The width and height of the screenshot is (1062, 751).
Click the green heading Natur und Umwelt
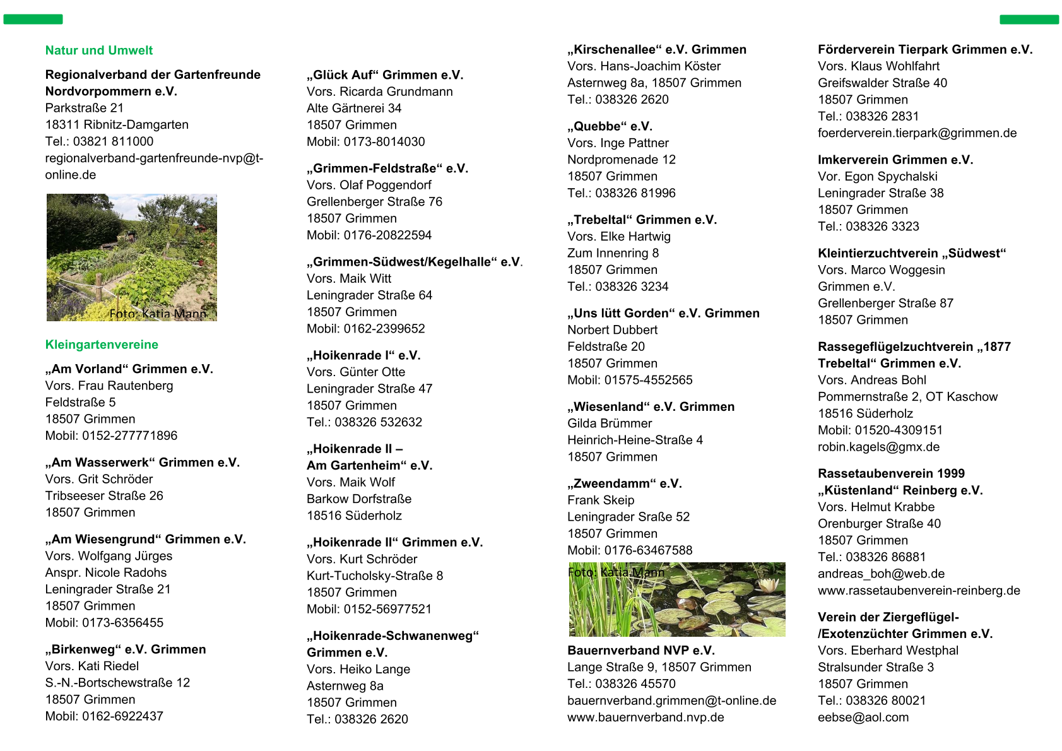[x=99, y=50]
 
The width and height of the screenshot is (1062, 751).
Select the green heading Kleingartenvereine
[x=102, y=345]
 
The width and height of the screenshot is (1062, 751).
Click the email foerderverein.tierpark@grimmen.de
[x=917, y=133]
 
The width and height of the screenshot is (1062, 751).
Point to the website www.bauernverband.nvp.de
[x=646, y=718]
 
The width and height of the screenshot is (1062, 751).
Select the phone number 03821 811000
[x=113, y=141]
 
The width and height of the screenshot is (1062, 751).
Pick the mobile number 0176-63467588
[x=648, y=550]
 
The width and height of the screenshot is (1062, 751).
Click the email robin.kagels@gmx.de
[x=878, y=447]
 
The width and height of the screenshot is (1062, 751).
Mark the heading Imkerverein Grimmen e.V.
[x=895, y=160]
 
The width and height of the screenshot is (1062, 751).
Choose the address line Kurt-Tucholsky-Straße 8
[x=375, y=576]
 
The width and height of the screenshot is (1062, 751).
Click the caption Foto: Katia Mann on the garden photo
[x=158, y=314]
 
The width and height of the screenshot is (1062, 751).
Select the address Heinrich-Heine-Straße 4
[x=635, y=440]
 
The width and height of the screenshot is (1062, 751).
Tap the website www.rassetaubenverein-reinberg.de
[x=919, y=591]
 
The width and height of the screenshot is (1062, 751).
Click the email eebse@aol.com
[x=863, y=718]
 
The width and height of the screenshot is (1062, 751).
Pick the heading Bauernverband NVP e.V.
[x=640, y=651]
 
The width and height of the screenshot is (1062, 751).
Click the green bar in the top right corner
[x=1029, y=20]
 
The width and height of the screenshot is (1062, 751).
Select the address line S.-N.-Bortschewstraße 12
[x=117, y=683]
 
